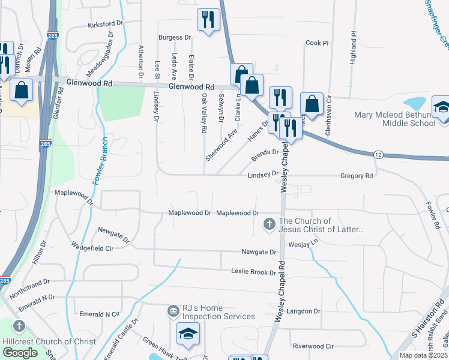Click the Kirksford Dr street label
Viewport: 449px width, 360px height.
(x=105, y=25)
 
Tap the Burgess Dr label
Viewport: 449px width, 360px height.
(x=175, y=37)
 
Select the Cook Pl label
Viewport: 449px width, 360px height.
(x=318, y=43)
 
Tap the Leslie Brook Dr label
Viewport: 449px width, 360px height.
(x=253, y=272)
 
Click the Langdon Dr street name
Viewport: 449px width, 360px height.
(x=304, y=311)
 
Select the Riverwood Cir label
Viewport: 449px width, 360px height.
(x=313, y=346)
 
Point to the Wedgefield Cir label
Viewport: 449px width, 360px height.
(x=92, y=247)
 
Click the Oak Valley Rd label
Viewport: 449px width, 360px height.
(x=204, y=113)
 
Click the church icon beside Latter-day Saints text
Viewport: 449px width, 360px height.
(x=270, y=225)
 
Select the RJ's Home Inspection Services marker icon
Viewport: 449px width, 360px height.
(x=173, y=310)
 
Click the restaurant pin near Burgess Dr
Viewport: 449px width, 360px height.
(x=208, y=20)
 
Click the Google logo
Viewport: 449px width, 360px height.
(x=20, y=353)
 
